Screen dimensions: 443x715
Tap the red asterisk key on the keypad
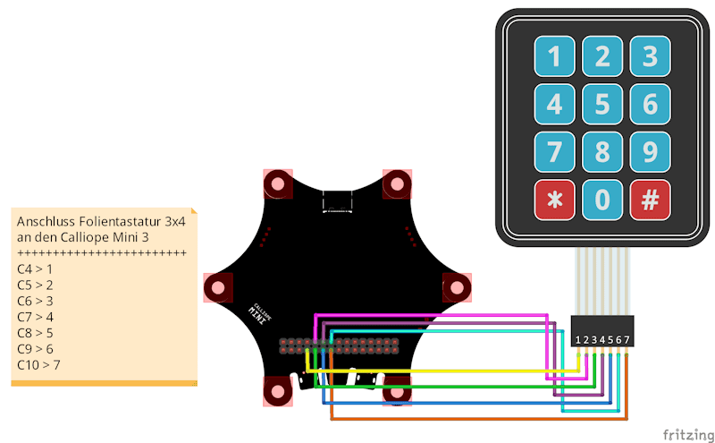point(555,200)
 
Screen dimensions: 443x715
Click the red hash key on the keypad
point(650,200)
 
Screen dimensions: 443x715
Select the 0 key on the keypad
point(602,200)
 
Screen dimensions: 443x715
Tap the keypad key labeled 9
point(650,152)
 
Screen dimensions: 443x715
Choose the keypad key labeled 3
point(650,57)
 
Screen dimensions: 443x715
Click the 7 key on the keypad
point(555,152)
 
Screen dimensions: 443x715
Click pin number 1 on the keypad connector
point(578,340)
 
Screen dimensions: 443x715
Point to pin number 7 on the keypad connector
point(627,340)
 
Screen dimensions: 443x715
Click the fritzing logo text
point(687,434)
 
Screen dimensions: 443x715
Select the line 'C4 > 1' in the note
point(35,268)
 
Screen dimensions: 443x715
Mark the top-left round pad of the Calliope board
point(277,184)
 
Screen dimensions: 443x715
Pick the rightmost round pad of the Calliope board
point(457,288)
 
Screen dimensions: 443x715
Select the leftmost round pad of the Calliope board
point(218,288)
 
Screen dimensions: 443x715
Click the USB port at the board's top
point(337,201)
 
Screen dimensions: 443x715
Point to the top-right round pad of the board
point(396,184)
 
